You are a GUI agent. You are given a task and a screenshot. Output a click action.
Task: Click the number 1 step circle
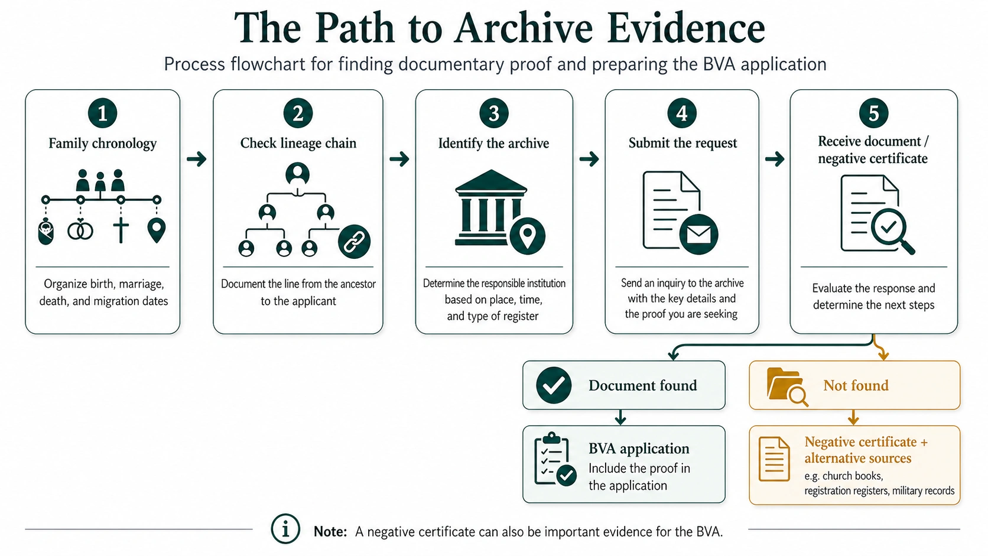(102, 113)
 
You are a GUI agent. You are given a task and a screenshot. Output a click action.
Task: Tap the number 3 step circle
(493, 113)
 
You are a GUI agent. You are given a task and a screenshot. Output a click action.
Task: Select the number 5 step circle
(873, 113)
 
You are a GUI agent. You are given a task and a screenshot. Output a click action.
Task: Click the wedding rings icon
(80, 230)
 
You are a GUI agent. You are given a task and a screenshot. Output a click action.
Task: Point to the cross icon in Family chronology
(121, 230)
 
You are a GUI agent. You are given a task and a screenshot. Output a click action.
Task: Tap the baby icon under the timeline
(45, 232)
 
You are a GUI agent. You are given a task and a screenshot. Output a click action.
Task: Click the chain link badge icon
(354, 242)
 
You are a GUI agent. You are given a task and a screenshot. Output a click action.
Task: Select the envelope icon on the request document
(698, 234)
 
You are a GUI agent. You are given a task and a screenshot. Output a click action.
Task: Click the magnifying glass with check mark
(891, 229)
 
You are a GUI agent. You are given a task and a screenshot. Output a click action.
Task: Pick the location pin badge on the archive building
(527, 235)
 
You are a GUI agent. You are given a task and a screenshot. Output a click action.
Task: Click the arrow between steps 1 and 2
(196, 159)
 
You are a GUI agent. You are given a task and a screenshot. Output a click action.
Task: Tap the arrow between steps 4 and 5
(774, 159)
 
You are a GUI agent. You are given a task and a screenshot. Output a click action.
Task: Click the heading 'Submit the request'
(682, 143)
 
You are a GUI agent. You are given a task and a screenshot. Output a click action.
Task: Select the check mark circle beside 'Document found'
(554, 385)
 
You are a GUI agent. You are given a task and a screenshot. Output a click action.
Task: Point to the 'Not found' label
(856, 385)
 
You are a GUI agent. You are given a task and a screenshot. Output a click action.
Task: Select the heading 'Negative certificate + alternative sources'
(866, 450)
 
